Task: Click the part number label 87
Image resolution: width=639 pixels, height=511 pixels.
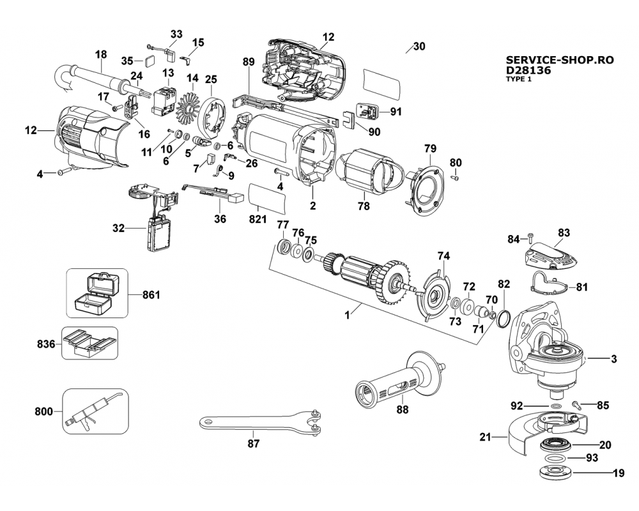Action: pos(254,443)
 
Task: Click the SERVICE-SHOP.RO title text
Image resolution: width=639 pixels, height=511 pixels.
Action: pos(560,59)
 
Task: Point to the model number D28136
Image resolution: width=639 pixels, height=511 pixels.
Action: pos(528,70)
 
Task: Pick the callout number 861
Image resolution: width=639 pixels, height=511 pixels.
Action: pos(151,295)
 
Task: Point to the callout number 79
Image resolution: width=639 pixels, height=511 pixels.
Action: pos(429,149)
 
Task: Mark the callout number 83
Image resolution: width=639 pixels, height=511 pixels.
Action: pos(564,233)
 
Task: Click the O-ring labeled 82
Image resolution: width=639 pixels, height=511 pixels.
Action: pos(502,317)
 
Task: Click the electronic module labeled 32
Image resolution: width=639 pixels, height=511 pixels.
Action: pos(158,233)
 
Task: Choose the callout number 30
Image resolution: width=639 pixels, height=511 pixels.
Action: pos(419,47)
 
